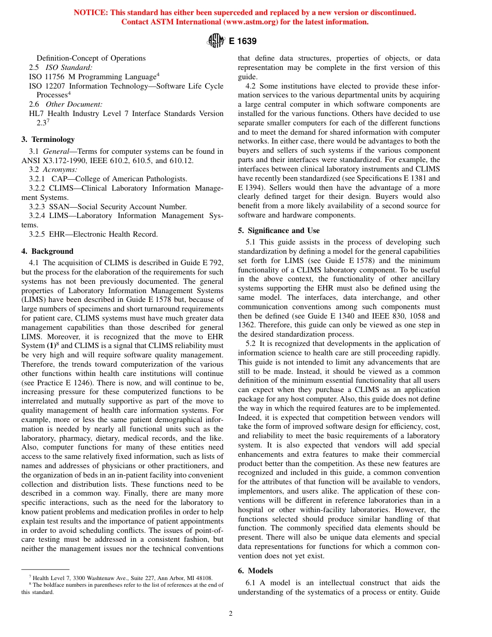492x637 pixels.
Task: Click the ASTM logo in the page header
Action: [x=215, y=40]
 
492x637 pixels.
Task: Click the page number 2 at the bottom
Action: [x=231, y=614]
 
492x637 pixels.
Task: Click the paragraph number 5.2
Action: [x=251, y=343]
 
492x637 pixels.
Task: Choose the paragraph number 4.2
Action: [x=251, y=86]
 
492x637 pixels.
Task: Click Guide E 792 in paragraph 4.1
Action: [x=204, y=263]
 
